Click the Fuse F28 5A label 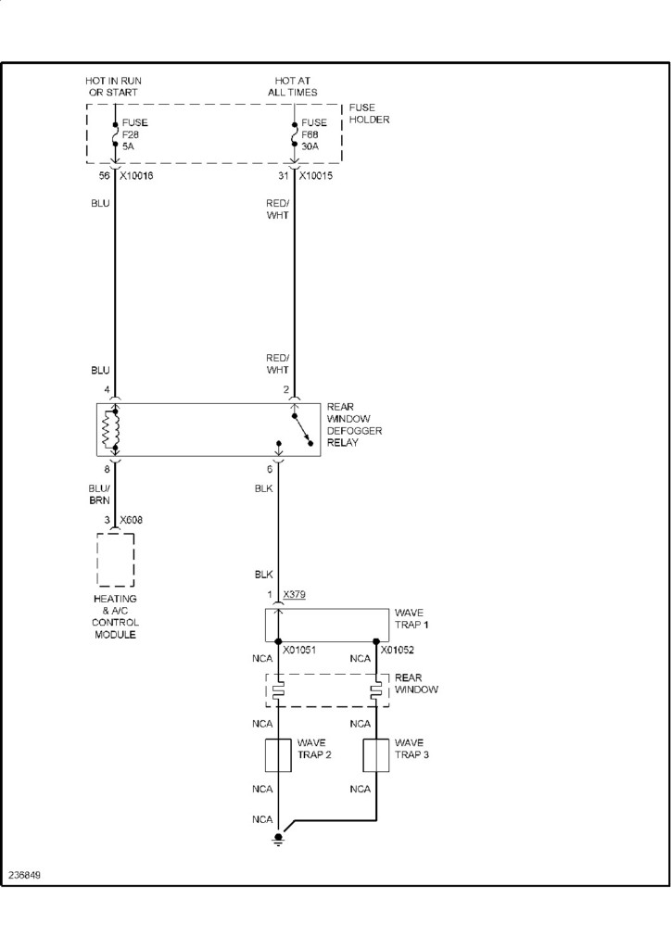(x=135, y=133)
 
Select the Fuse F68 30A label (x=314, y=133)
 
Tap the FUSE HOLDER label (x=369, y=113)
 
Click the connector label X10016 (x=135, y=174)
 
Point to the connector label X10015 (x=317, y=174)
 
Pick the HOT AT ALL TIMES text (x=296, y=87)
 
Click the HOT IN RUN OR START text (x=113, y=87)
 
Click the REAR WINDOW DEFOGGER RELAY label (x=354, y=424)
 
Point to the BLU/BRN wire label (x=100, y=495)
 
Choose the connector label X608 (x=131, y=520)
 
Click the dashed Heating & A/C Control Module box (x=115, y=560)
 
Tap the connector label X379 (x=296, y=594)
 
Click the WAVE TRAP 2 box (x=279, y=756)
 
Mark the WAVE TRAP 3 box (x=376, y=756)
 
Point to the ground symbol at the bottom (x=278, y=839)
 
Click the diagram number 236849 (x=24, y=874)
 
